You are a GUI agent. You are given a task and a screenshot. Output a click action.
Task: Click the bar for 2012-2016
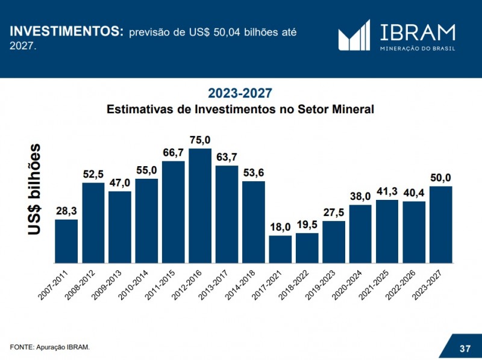(x=200, y=205)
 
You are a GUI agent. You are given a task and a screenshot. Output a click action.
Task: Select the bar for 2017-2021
(x=280, y=249)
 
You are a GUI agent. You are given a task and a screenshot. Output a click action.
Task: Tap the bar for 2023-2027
(x=441, y=224)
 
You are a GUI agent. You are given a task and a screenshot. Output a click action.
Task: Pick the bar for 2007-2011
(x=66, y=241)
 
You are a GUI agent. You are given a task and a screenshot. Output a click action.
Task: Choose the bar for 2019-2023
(x=334, y=241)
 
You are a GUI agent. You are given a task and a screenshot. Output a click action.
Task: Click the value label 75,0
(x=200, y=140)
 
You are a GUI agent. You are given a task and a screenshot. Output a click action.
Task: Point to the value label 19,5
(x=307, y=225)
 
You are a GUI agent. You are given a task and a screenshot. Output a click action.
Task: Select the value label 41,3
(x=387, y=191)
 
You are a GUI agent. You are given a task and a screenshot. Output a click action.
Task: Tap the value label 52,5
(x=93, y=175)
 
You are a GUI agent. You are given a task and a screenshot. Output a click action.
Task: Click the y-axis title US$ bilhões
(x=36, y=189)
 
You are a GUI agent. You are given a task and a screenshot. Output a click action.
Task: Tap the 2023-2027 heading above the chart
(x=240, y=93)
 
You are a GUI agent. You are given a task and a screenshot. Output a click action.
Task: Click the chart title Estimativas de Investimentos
(x=240, y=110)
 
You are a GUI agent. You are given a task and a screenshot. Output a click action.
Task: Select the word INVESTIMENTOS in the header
(x=66, y=31)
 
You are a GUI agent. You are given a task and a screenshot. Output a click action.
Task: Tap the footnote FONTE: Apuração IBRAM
(x=49, y=346)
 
